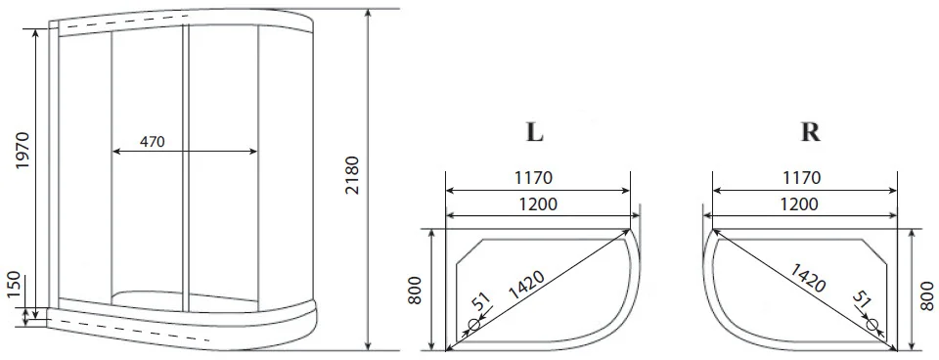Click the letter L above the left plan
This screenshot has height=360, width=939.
pyautogui.click(x=534, y=132)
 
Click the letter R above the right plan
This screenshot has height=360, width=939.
pyautogui.click(x=810, y=132)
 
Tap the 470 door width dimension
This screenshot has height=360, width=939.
pyautogui.click(x=153, y=142)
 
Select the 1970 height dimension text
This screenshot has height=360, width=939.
pyautogui.click(x=22, y=150)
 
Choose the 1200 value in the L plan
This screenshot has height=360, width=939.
pyautogui.click(x=537, y=204)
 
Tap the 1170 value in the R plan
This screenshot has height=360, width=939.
pyautogui.click(x=801, y=178)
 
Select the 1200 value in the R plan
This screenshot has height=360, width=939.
pyautogui.click(x=799, y=204)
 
